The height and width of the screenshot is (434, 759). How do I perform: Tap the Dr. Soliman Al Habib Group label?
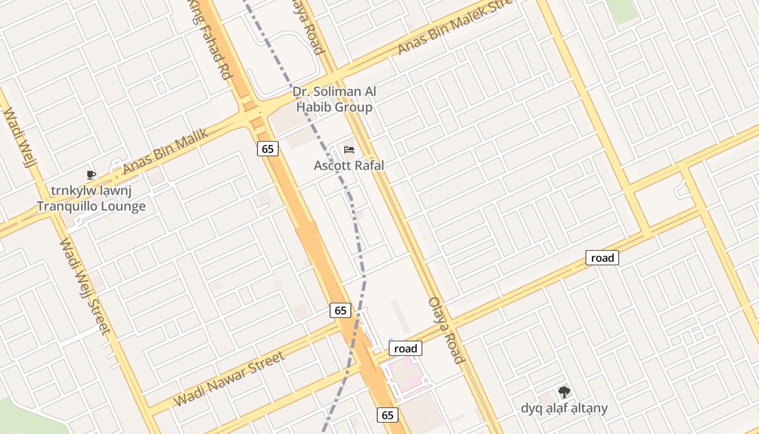coord(334,99)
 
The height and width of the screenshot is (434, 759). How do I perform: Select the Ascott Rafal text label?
coord(349,165)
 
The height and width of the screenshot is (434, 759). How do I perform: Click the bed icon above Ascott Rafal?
coord(349,149)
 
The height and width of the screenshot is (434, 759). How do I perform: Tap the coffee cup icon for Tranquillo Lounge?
coord(91,175)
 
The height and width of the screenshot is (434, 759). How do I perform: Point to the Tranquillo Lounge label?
coord(91,206)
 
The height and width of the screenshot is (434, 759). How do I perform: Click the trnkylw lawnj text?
coord(91,191)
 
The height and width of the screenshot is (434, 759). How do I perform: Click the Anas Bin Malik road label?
coord(165,151)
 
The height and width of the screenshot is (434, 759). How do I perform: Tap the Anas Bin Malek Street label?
coord(455,27)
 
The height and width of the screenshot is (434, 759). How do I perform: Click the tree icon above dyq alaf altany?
coord(564,392)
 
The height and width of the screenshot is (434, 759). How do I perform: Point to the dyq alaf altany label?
coord(564,408)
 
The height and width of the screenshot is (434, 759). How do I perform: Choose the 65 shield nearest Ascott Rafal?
coord(268,149)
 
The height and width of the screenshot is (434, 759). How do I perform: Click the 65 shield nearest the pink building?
coord(387,416)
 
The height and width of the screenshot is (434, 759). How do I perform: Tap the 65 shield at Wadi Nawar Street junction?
coord(340,310)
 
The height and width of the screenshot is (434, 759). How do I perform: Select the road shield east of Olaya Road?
coord(602,258)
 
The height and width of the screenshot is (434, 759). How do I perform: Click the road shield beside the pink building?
coord(406,348)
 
